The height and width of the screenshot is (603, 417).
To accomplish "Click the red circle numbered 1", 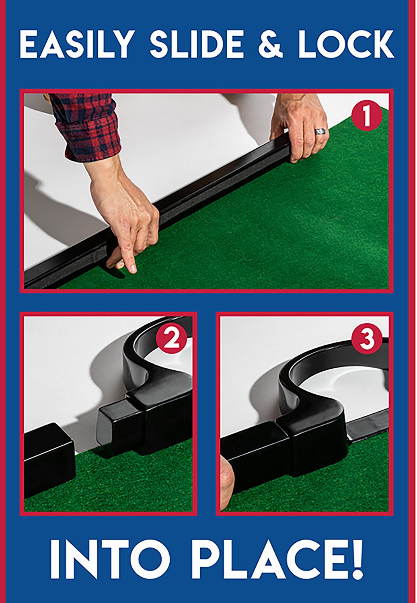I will coord(366,116).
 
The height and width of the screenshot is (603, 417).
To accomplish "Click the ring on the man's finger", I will coord(320,131).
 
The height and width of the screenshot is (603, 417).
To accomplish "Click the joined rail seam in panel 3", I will coord(288,446).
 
